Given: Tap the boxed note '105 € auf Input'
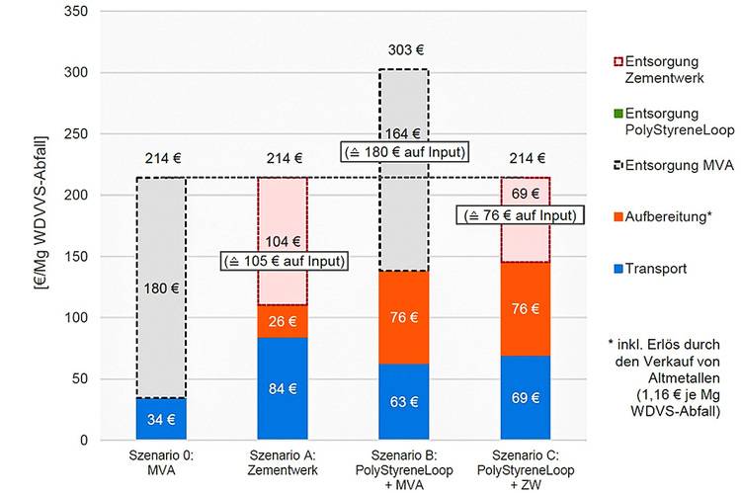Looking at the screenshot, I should [283, 261].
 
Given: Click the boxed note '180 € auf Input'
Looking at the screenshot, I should [404, 151].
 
